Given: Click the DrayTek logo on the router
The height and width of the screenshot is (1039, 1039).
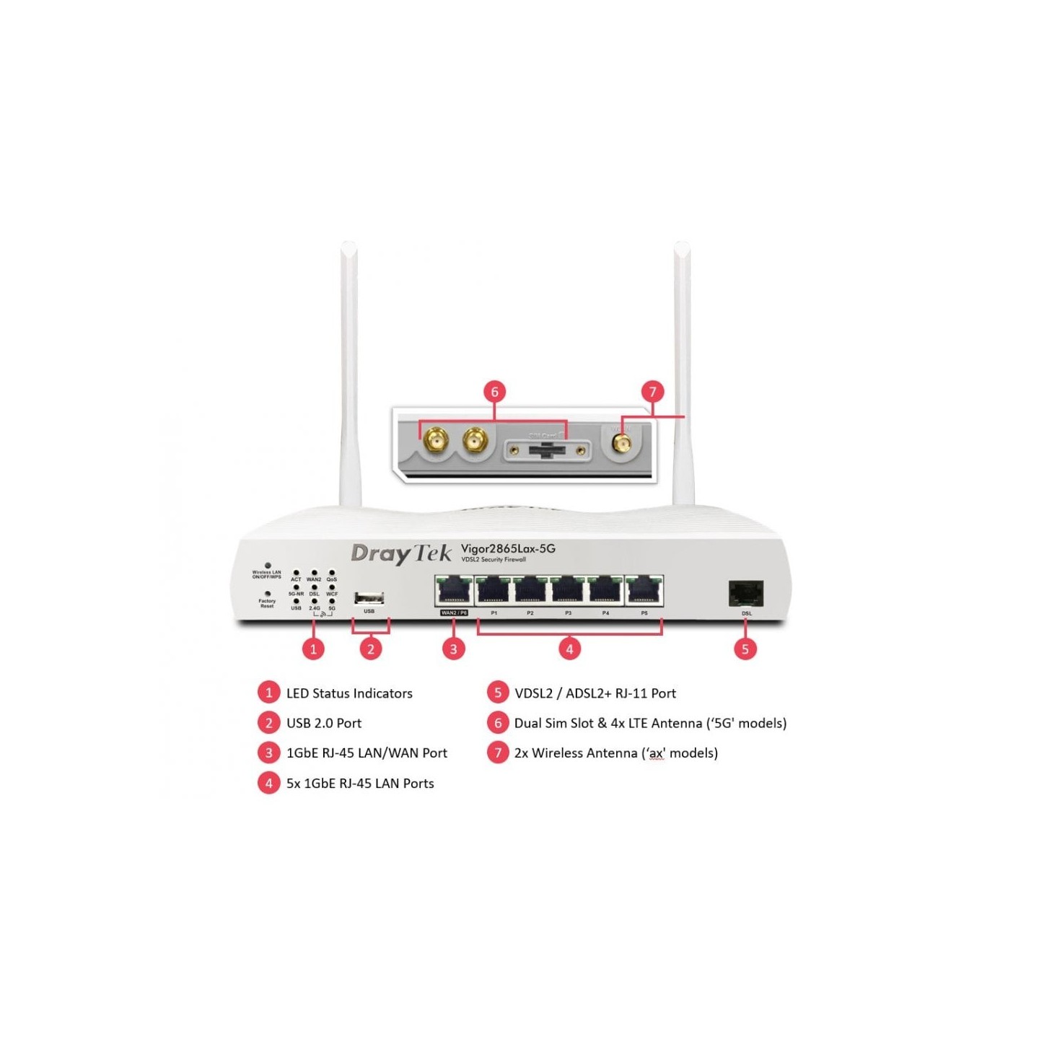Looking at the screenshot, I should click(400, 553).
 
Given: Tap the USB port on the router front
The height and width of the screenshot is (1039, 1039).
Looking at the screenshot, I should click(369, 598).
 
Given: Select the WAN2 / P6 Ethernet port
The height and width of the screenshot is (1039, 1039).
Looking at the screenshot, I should click(454, 591).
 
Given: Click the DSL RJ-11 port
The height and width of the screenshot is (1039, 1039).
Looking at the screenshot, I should click(746, 595).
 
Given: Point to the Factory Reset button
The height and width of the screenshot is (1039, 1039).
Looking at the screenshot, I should click(268, 594).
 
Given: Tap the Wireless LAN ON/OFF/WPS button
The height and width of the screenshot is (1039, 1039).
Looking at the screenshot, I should click(268, 566).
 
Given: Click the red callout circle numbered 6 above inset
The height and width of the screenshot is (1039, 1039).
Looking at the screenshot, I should click(494, 392).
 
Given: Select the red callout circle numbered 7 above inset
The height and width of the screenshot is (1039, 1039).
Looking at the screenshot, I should click(652, 392).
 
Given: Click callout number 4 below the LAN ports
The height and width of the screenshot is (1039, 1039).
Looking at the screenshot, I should click(569, 649).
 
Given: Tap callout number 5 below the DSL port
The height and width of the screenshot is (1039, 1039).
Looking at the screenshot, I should click(745, 649).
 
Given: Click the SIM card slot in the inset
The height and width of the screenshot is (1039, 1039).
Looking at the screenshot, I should click(547, 451).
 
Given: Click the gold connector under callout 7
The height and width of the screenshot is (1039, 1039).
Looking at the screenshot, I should click(621, 442).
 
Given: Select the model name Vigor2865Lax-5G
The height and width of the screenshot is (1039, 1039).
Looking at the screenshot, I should click(508, 548).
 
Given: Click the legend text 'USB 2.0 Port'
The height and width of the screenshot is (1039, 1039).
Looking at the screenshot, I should click(324, 723).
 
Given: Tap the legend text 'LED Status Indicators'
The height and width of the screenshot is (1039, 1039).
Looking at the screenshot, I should click(349, 693).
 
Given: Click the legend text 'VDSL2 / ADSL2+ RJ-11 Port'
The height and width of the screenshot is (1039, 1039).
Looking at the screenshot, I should click(595, 693).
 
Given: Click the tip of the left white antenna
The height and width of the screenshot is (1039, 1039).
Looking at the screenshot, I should click(348, 247).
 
